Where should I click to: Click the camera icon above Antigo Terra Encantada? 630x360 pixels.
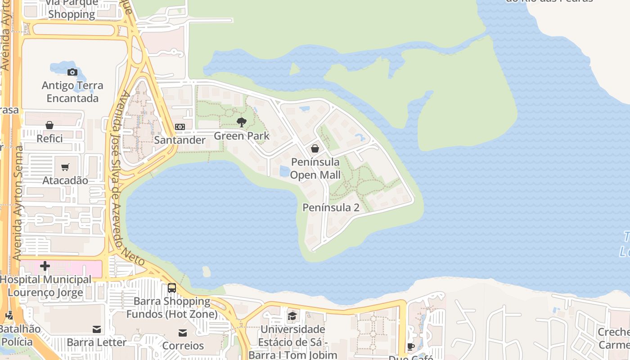coord(72,72)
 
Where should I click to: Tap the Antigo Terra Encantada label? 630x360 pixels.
coord(72,92)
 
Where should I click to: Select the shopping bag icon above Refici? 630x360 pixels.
coord(49,125)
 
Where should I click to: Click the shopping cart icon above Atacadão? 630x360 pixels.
coord(65,167)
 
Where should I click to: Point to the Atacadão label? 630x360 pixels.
coord(65,180)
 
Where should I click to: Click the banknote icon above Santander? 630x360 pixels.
coord(180,127)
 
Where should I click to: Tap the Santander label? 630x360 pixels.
coord(180,140)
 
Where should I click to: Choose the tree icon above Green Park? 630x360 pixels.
coord(242,122)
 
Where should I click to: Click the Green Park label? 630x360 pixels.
coord(242,135)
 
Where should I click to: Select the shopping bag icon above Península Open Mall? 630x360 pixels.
coord(315,148)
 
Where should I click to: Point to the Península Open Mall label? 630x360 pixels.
coord(315,168)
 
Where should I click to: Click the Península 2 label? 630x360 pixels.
coord(331,207)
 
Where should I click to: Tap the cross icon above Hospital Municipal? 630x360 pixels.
coord(45,266)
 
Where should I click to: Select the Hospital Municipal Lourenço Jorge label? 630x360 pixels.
coord(45,286)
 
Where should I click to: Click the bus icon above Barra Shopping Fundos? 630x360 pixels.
coord(172,288)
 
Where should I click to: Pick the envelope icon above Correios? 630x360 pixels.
coord(183,333)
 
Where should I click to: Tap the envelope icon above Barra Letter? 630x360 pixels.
coord(97,329)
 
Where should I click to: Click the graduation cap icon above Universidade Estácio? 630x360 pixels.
coord(292,316)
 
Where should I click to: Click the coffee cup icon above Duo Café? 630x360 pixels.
coord(410,346)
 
